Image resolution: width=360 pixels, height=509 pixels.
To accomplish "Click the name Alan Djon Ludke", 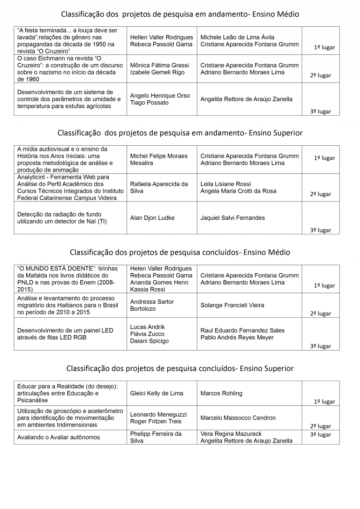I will pos(152,218).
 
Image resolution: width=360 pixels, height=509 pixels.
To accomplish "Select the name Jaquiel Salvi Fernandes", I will pos(232,218).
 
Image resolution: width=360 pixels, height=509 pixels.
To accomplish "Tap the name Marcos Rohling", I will pos(221,393).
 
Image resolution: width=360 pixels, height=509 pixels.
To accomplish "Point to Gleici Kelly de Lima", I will pos(157,393).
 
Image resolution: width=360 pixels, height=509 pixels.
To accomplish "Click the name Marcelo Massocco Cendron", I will pos(238,418).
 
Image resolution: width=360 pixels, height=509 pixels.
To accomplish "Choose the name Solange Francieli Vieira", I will pos(232,305).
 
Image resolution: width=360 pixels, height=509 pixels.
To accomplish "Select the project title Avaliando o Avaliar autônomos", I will pos(59,437).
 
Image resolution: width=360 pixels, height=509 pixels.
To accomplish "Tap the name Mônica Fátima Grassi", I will pos(159,65).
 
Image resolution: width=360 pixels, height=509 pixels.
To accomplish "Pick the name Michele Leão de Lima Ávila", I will pos(238,37).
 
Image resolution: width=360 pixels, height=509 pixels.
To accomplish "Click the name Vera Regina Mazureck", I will pos(231,434).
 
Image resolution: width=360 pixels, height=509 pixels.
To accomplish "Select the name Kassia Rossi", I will pos(148,289).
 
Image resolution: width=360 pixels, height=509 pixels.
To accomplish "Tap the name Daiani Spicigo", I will pos(150,341).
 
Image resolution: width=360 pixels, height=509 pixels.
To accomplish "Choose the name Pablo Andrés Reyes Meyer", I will pos(237,337).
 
